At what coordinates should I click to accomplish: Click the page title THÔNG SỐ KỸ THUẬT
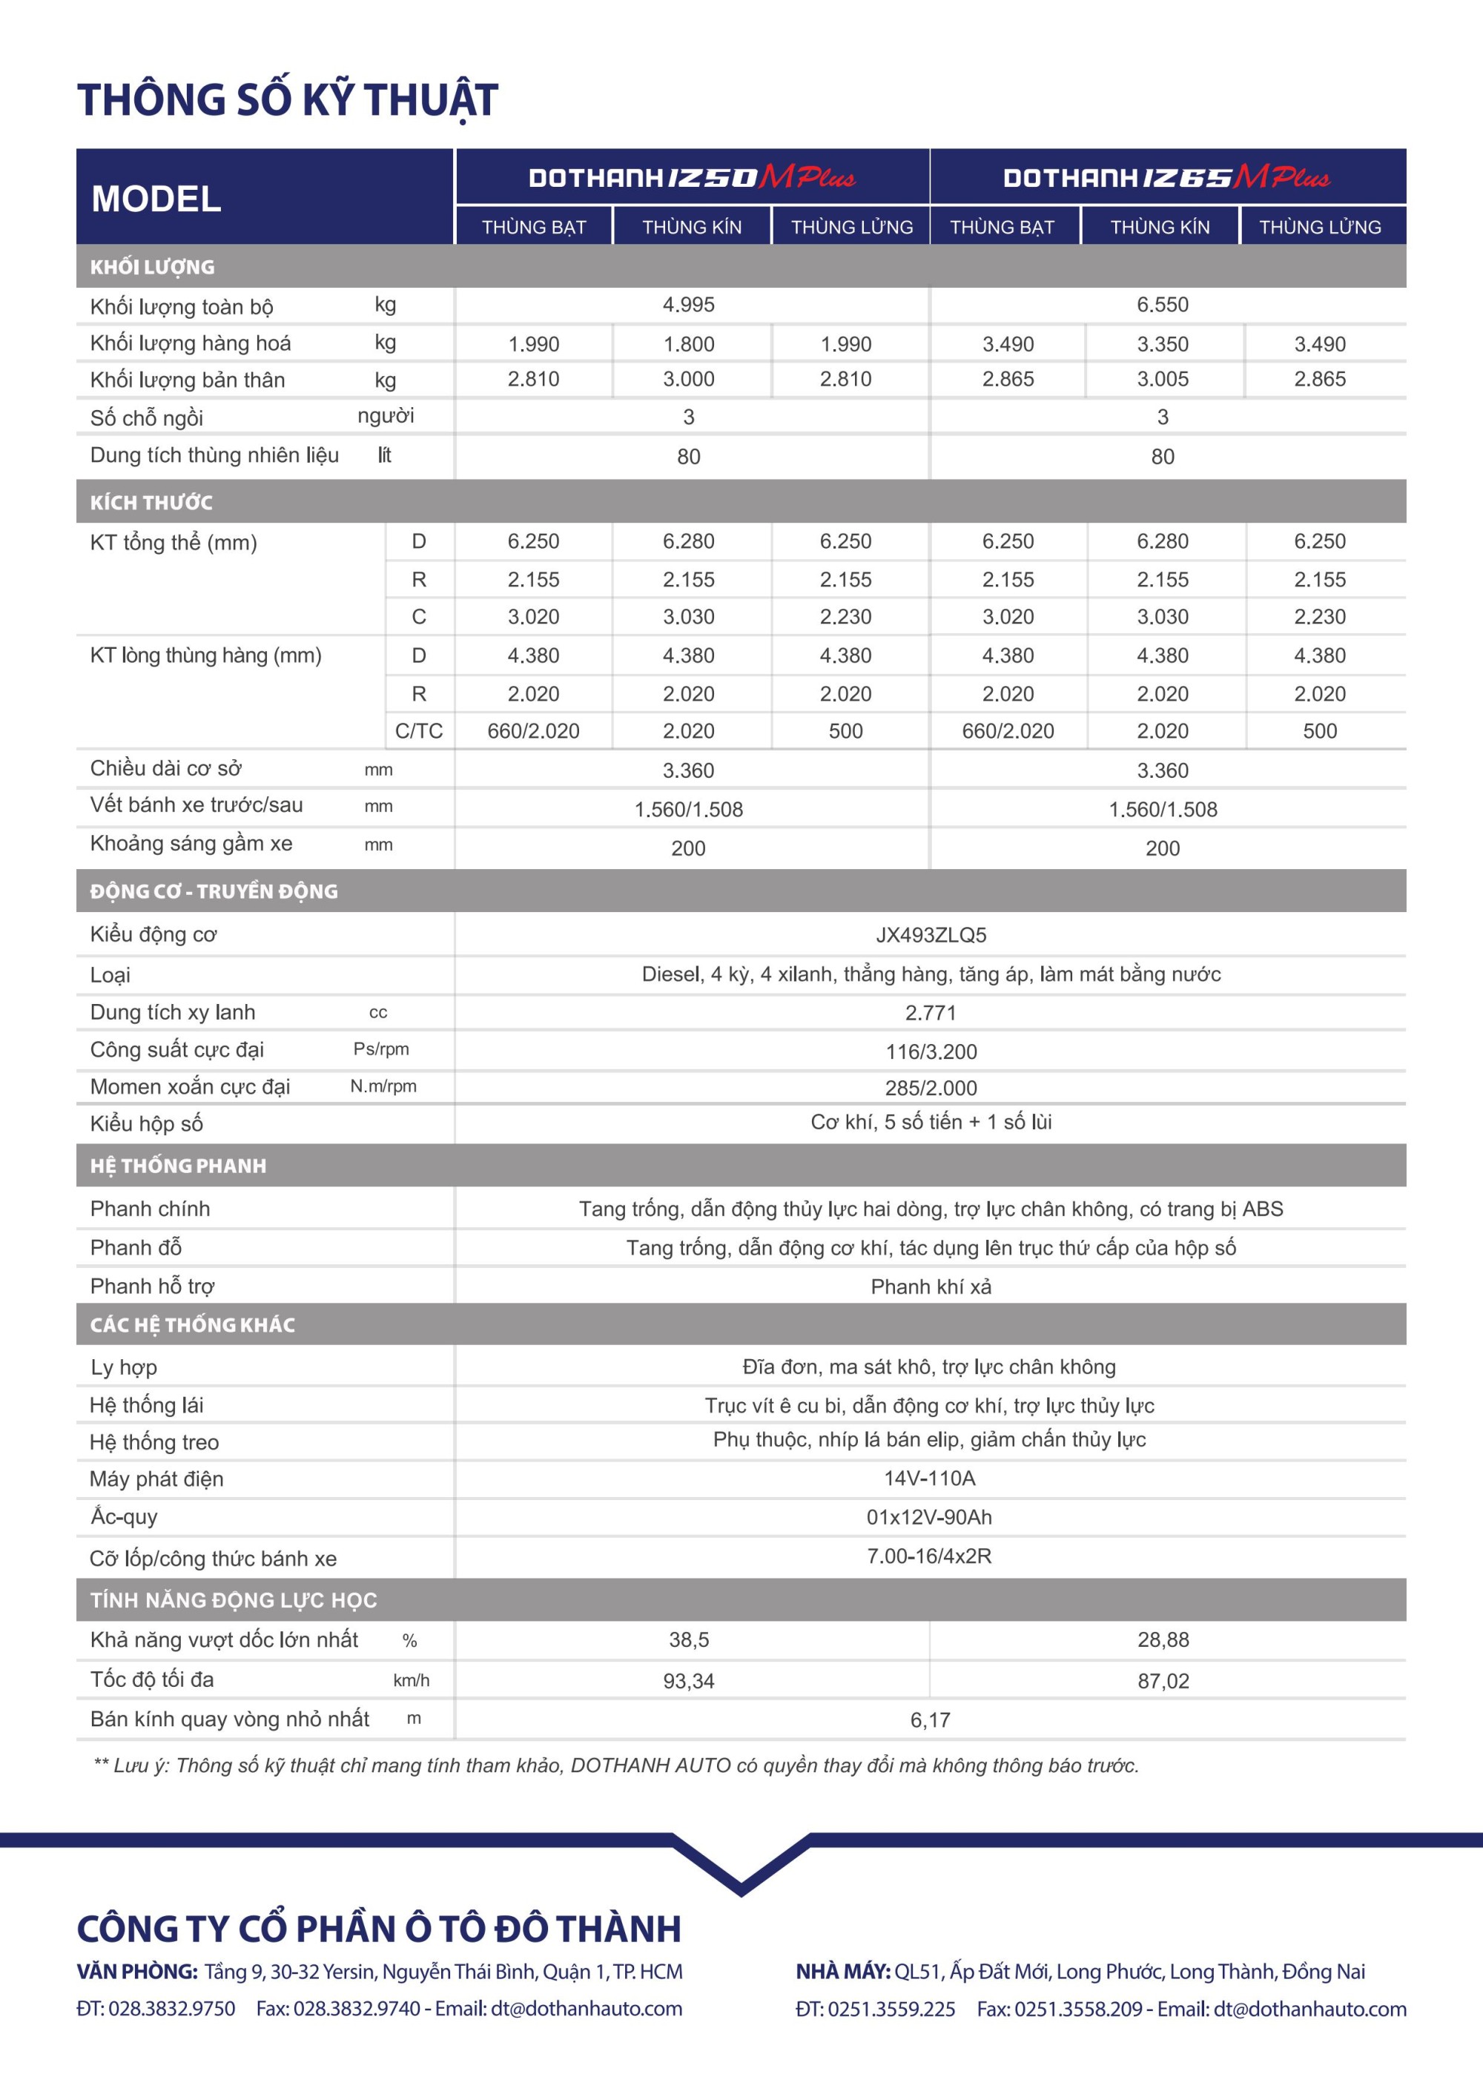tap(288, 99)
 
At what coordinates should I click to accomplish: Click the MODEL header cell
tap(156, 198)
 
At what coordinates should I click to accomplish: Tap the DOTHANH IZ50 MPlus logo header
tap(691, 177)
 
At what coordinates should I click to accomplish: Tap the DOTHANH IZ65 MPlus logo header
tap(1166, 177)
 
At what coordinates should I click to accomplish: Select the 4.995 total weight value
tap(689, 305)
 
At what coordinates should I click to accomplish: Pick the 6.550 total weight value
tap(1163, 305)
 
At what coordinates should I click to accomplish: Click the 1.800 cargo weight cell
tap(689, 344)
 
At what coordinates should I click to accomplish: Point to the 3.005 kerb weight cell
tap(1163, 379)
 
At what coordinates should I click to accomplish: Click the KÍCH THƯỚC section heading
tap(151, 502)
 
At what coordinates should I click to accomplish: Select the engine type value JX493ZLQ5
tap(931, 935)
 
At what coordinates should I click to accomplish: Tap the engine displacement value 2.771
tap(931, 1013)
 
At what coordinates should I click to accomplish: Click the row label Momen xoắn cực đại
tap(190, 1087)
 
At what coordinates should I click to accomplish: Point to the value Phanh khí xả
tap(931, 1287)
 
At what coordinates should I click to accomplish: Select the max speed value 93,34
tap(689, 1681)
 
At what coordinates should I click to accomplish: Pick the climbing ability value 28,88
tap(1163, 1640)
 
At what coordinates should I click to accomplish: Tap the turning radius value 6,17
tap(931, 1720)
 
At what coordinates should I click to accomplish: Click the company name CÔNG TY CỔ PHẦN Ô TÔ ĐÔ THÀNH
tap(379, 1929)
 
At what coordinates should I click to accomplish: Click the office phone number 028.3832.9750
tap(172, 2009)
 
